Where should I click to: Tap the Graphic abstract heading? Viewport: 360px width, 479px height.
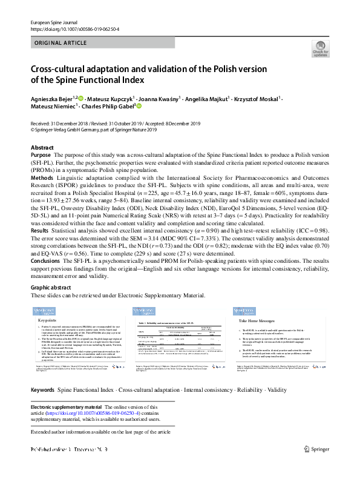tap(54, 288)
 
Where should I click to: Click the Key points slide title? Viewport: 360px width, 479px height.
tap(48, 319)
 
